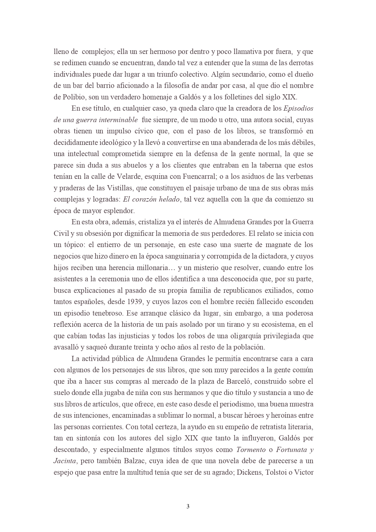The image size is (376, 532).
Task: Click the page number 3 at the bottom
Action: [x=188, y=506]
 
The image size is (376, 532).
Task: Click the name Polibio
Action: [x=74, y=97]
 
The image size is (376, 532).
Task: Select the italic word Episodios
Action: [x=298, y=109]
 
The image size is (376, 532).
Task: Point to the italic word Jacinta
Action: [x=65, y=461]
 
